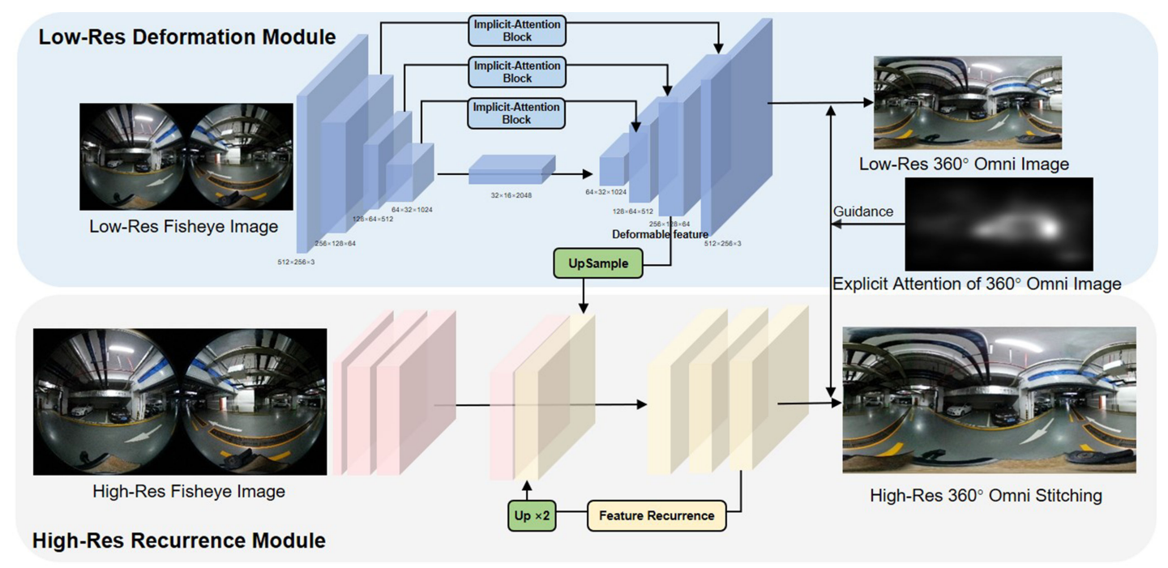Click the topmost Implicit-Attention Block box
point(516,30)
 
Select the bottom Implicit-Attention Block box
point(516,113)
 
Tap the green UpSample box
point(598,264)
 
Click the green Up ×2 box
point(532,516)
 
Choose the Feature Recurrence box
point(657,516)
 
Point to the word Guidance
point(863,211)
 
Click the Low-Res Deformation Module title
point(187,36)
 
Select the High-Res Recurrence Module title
point(179,540)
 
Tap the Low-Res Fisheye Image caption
point(183,227)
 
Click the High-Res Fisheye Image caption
point(189,491)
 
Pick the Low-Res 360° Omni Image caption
point(964,164)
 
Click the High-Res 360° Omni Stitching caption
point(986,495)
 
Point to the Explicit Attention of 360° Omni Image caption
point(977,284)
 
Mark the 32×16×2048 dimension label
point(512,195)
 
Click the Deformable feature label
point(661,234)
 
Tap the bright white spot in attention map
point(1050,228)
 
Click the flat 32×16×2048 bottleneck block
point(511,169)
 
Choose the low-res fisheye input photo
point(186,156)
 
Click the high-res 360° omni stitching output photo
point(989,399)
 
